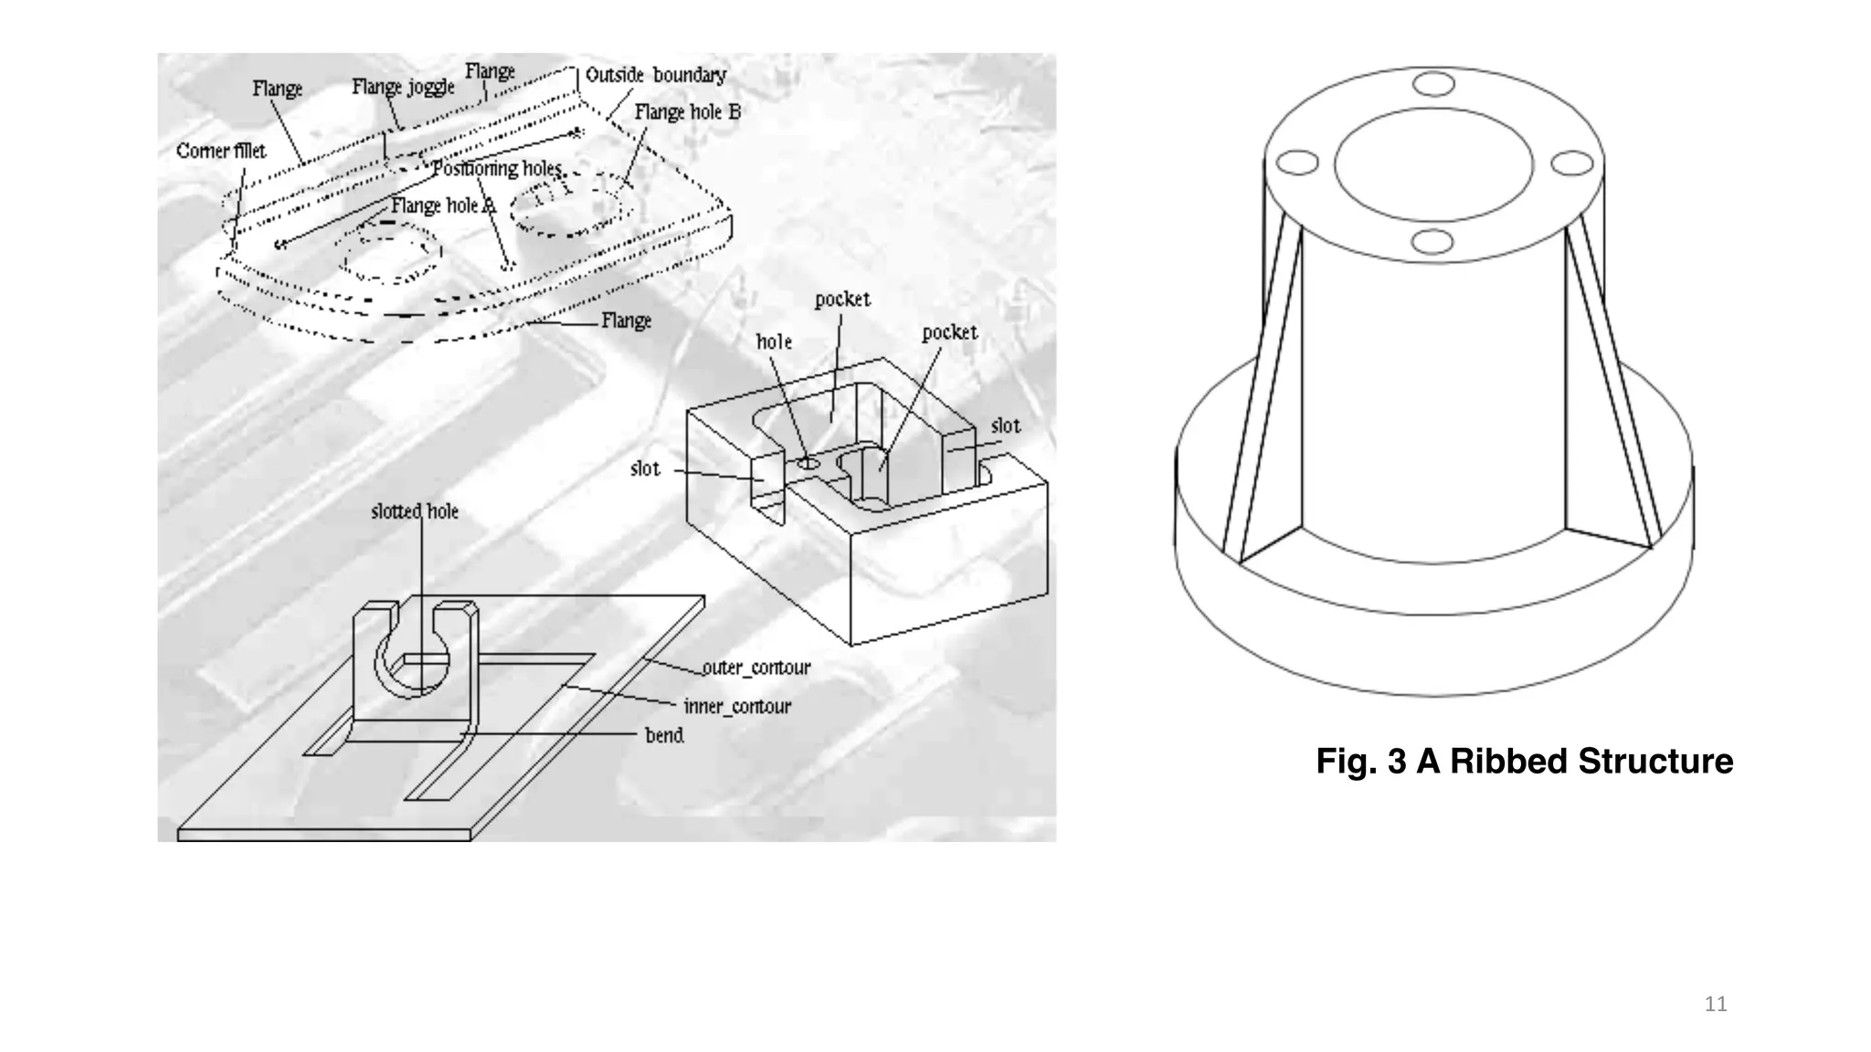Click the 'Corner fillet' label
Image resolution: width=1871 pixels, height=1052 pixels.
[x=221, y=151]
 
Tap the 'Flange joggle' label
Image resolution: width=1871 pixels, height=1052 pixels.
[x=403, y=87]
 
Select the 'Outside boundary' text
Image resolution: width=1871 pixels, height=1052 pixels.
[x=655, y=75]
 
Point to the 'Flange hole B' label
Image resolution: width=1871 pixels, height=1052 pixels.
[x=687, y=111]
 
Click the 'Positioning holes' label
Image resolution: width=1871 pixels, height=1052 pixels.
[x=497, y=169]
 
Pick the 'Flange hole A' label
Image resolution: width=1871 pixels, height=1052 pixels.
[x=442, y=205]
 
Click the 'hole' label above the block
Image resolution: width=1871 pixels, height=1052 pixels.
[x=774, y=342]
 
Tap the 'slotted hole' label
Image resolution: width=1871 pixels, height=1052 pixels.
[x=415, y=511]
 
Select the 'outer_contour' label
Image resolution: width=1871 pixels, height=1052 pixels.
[x=756, y=668]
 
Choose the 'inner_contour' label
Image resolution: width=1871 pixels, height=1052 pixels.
[x=737, y=706]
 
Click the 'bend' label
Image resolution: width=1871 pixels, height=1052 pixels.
[x=664, y=735]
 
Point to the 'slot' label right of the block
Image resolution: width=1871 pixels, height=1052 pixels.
[x=1005, y=426]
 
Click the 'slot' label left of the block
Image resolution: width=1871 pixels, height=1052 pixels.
[x=645, y=468]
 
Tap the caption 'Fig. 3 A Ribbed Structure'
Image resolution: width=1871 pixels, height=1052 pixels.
[x=1524, y=761]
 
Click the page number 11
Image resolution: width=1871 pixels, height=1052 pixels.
[x=1716, y=1005]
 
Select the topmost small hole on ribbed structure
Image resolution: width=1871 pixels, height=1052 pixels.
[x=1432, y=84]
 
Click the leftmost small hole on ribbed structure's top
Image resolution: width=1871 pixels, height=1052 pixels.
[x=1297, y=163]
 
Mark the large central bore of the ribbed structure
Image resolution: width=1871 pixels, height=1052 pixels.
[x=1432, y=164]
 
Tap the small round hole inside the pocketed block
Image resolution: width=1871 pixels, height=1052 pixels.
[x=809, y=464]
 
